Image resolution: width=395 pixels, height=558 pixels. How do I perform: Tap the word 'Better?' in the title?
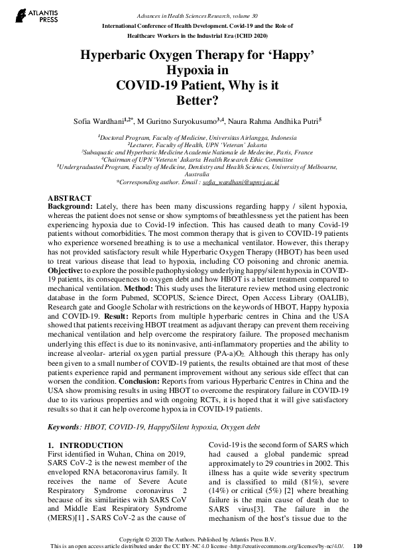tap(197, 101)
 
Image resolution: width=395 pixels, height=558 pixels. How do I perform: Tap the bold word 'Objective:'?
tap(68, 290)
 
